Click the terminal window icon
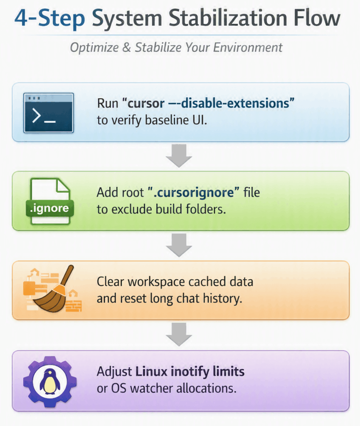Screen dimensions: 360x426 tap(49, 113)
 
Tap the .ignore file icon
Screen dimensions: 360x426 tap(50, 202)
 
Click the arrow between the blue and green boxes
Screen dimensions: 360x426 tap(179, 156)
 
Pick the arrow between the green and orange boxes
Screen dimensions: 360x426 tap(179, 245)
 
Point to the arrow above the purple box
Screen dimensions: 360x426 tap(179, 334)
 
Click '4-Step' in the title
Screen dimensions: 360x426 tap(50, 18)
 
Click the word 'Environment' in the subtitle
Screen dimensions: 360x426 tap(248, 47)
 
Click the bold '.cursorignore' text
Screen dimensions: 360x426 tap(194, 192)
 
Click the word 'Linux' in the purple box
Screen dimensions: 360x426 tap(151, 372)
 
